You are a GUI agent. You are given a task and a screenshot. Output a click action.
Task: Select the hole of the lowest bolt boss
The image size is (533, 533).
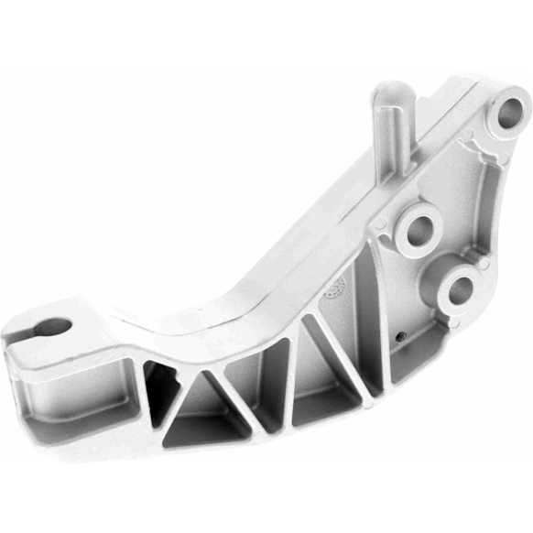pos(459,289)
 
